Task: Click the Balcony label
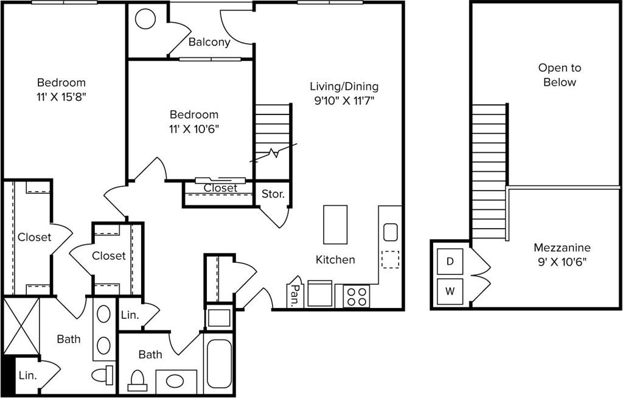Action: [209, 42]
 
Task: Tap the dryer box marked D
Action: [450, 261]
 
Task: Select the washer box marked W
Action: [450, 292]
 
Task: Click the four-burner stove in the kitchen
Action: [357, 296]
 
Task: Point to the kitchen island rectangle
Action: [335, 225]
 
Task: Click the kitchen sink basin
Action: [391, 232]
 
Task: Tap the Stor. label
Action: [273, 194]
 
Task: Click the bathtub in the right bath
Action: [219, 364]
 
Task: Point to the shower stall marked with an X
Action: [21, 326]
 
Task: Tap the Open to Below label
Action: [560, 75]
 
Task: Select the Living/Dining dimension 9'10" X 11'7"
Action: [344, 101]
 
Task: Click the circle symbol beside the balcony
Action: [145, 19]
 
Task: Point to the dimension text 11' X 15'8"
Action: [61, 97]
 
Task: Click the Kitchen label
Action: [335, 260]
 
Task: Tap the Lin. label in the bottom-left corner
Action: [27, 375]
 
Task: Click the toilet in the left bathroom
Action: [102, 375]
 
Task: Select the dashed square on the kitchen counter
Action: [390, 259]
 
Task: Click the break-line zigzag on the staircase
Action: [273, 153]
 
